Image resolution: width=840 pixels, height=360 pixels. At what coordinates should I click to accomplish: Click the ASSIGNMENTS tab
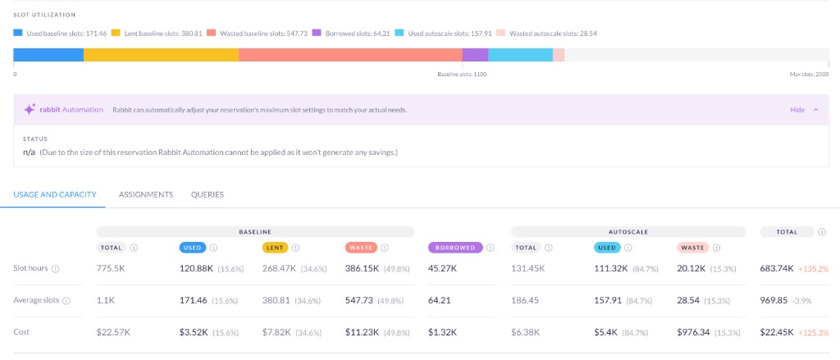(146, 194)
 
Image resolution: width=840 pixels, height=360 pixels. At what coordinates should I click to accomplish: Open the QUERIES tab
(208, 194)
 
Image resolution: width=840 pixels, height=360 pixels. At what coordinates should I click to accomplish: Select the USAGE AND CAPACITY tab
(55, 194)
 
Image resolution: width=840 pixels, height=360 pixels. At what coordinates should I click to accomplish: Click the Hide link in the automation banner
(797, 110)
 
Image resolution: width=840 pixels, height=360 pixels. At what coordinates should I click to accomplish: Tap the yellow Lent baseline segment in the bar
(161, 55)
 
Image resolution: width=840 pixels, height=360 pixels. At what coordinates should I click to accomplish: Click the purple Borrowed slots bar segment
(475, 55)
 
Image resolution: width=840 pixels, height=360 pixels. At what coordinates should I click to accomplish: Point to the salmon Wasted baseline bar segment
(350, 55)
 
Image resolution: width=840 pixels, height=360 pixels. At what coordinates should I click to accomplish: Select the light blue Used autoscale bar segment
(520, 55)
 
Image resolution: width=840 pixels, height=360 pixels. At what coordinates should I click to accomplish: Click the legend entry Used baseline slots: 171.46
(60, 34)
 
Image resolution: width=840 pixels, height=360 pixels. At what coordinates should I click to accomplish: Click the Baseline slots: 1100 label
(462, 75)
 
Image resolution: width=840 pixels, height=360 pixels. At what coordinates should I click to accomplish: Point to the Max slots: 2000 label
(809, 75)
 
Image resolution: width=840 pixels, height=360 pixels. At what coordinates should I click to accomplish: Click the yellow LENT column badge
(275, 247)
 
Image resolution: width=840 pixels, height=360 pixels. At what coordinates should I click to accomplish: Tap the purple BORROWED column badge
(455, 247)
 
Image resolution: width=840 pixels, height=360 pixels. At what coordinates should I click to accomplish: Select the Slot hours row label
(30, 268)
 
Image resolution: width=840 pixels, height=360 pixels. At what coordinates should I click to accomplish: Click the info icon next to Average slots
(66, 301)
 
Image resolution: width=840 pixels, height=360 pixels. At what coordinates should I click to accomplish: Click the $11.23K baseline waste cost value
(361, 332)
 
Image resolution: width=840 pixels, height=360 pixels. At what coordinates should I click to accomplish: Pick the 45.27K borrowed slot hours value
(442, 268)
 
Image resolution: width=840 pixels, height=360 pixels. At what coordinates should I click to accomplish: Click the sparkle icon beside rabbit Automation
(30, 110)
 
